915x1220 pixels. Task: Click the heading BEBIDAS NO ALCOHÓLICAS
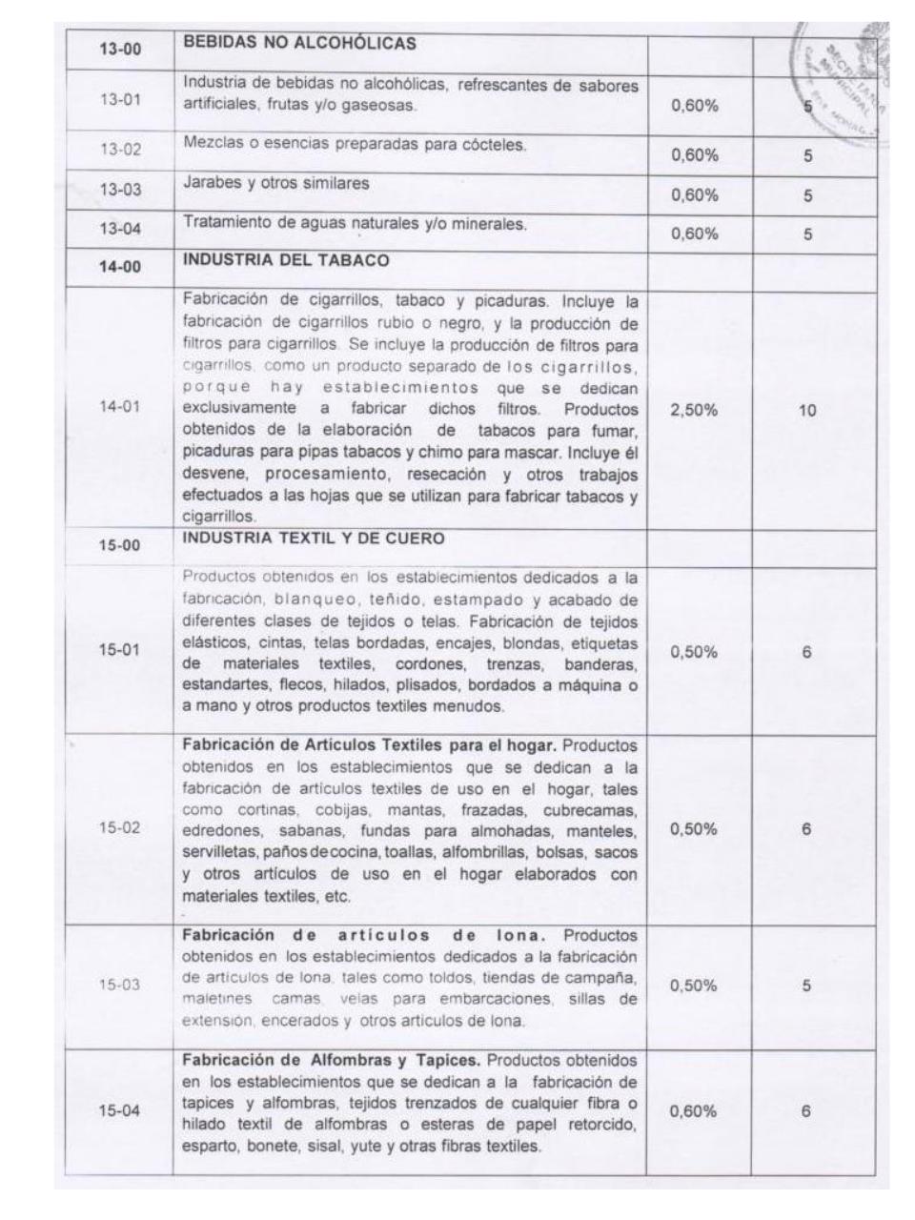(299, 43)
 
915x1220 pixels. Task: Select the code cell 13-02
(120, 149)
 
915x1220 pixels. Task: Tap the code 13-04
(120, 228)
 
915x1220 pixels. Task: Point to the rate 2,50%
(695, 410)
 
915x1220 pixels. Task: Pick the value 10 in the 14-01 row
(807, 410)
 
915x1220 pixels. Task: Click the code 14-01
(120, 407)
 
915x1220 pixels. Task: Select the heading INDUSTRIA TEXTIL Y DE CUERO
(314, 539)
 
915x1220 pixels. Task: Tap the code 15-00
(120, 546)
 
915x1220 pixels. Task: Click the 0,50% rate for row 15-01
(695, 653)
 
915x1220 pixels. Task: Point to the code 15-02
(120, 827)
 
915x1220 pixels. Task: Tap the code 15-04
(120, 1111)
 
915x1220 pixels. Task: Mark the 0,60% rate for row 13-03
(695, 195)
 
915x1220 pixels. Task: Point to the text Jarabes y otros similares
(275, 183)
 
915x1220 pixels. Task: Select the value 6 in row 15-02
(807, 829)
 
